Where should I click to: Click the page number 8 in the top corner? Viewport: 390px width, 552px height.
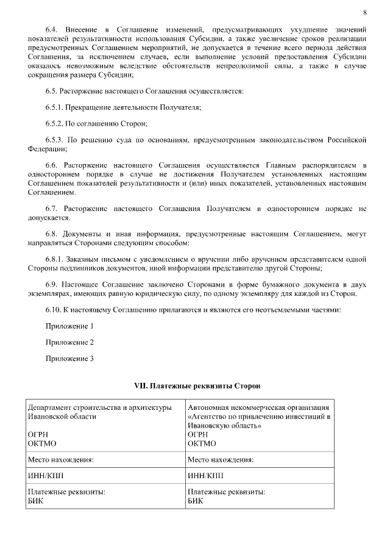[x=364, y=12]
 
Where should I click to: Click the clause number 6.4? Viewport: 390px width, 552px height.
[x=54, y=29]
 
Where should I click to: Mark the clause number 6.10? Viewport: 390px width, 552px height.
[x=54, y=310]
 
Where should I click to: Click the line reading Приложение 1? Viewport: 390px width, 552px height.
[x=69, y=326]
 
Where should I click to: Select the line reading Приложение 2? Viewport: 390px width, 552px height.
[x=69, y=342]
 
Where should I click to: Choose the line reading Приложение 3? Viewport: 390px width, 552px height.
[x=69, y=359]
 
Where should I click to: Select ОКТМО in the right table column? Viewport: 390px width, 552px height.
[x=202, y=443]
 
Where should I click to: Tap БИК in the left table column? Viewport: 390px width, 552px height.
[x=35, y=501]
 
